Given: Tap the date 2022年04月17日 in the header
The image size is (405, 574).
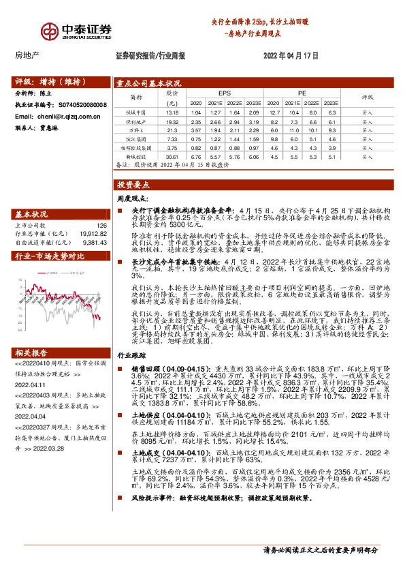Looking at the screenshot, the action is pos(291,55).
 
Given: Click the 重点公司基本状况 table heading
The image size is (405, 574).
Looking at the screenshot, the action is pos(148,83).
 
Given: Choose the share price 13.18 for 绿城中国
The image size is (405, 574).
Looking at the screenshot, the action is pos(172,112).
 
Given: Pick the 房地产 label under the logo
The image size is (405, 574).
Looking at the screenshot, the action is pos(27,55).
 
